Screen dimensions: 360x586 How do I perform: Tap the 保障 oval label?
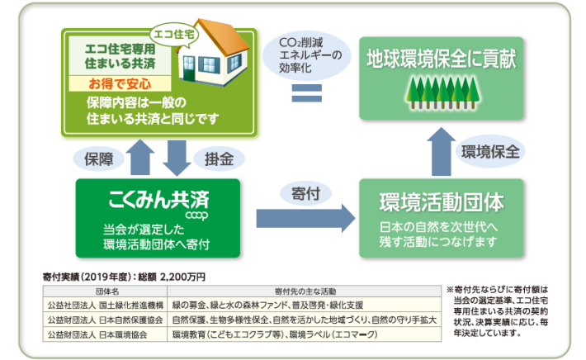[x=97, y=156]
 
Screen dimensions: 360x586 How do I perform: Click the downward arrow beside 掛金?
[x=174, y=156]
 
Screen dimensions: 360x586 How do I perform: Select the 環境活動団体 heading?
[x=442, y=202]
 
